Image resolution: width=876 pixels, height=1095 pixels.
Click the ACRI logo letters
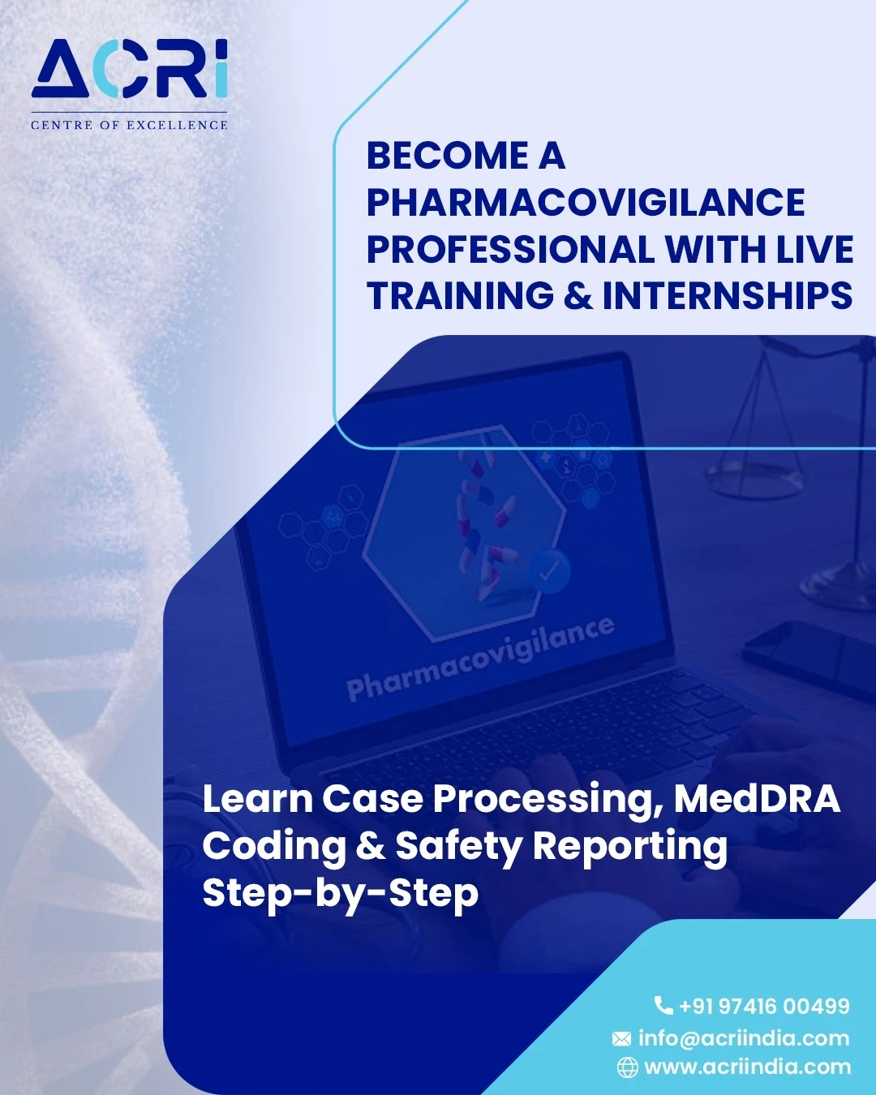[x=129, y=69]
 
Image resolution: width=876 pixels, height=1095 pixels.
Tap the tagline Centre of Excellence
[x=129, y=125]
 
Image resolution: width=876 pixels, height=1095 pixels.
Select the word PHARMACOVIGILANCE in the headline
[x=586, y=202]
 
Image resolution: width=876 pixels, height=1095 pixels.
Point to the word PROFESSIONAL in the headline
[x=510, y=249]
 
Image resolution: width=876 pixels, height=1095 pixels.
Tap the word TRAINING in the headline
[x=460, y=295]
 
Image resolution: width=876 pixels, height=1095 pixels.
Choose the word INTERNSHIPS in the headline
[x=728, y=295]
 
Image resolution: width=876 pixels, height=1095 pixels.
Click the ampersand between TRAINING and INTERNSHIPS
[x=578, y=295]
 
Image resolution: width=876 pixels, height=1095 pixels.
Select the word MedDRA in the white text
[x=757, y=799]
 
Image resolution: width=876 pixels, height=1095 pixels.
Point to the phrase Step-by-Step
[x=341, y=894]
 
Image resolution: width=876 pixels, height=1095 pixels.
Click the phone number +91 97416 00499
[x=765, y=1006]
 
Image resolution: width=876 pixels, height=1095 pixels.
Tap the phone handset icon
[x=663, y=1006]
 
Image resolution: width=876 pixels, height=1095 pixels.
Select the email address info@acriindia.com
[x=744, y=1038]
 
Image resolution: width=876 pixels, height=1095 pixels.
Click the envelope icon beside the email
[x=621, y=1039]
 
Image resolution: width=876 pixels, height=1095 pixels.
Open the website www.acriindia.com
[x=747, y=1067]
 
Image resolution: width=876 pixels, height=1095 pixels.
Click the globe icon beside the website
[x=627, y=1067]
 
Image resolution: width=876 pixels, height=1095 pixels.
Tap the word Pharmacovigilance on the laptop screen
[x=480, y=658]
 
